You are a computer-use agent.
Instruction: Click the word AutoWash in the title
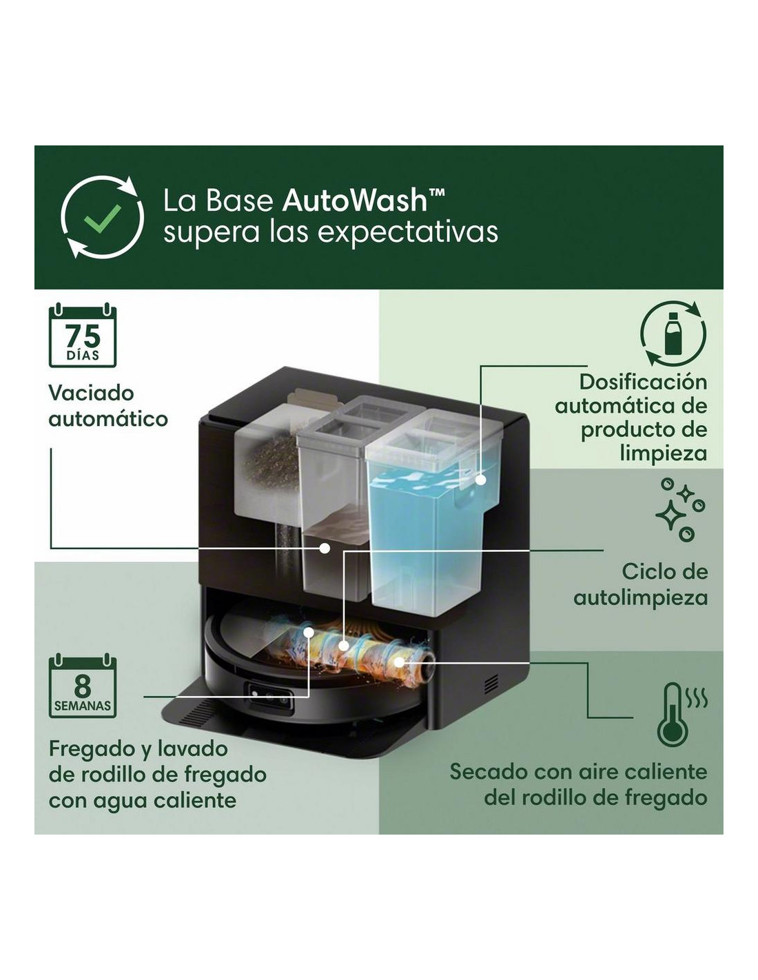pos(354,201)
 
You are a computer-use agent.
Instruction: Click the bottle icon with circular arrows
pos(673,334)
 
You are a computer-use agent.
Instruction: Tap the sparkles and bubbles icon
pos(679,509)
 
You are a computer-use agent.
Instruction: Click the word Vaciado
pos(91,394)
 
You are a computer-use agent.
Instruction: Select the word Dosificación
pos(643,382)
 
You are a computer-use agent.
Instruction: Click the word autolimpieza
pos(640,598)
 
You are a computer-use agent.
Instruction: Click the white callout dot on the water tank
pos(481,480)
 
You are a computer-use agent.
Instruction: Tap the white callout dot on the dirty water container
pos(324,548)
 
